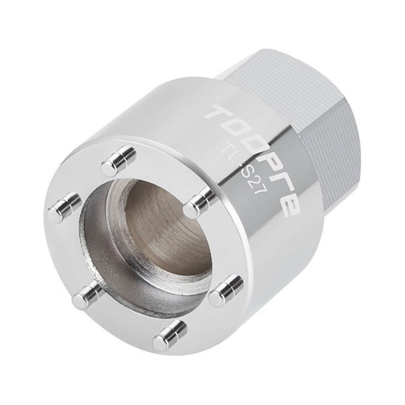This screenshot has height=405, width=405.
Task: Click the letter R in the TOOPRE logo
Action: (279, 180)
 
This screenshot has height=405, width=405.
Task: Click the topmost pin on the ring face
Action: (118, 161)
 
